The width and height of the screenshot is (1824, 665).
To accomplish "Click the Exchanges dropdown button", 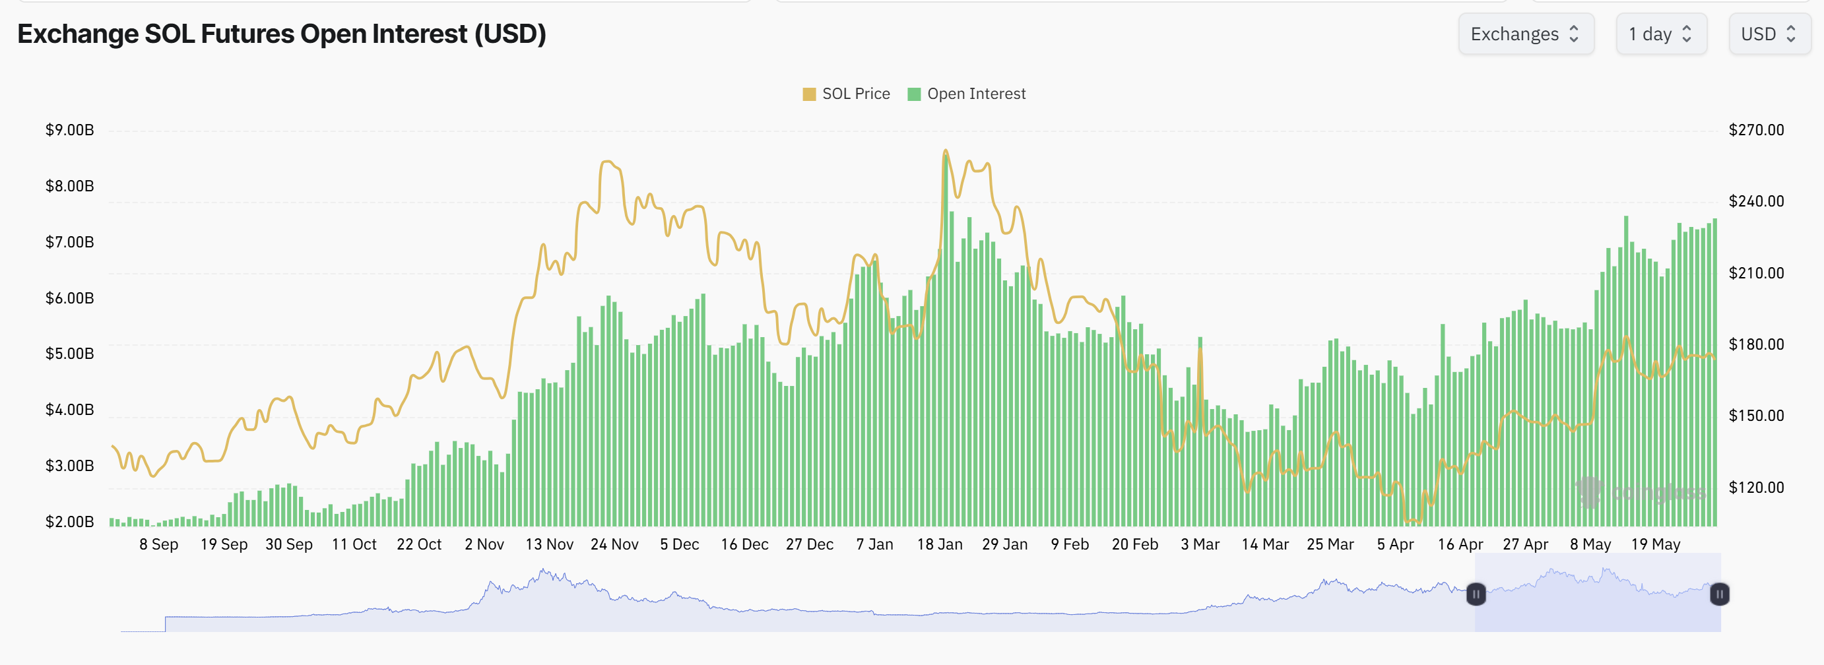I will [x=1525, y=34].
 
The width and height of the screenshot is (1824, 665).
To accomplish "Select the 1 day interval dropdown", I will [x=1660, y=34].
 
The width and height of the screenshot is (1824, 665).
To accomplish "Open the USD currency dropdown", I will [x=1769, y=34].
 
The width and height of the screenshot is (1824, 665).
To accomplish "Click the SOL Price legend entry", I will [x=846, y=94].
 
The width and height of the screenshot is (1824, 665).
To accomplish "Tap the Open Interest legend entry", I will [x=967, y=94].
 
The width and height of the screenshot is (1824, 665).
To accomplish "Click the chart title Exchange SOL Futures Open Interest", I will [x=281, y=34].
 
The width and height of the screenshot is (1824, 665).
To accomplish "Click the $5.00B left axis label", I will [x=69, y=354].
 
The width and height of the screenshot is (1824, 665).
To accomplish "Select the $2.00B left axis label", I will [x=69, y=522].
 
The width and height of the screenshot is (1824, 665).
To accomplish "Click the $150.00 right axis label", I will [x=1755, y=416].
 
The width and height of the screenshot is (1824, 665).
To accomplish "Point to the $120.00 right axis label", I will [x=1755, y=488].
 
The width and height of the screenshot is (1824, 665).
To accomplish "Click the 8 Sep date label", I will [x=158, y=545].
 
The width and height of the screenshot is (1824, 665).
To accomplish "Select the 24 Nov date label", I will [x=614, y=545].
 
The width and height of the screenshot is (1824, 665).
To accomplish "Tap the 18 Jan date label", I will [x=939, y=545].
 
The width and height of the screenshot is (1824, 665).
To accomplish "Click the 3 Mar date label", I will [x=1200, y=545].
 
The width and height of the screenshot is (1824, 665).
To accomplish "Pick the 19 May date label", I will [x=1655, y=545].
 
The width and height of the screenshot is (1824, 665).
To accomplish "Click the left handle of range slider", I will [x=1476, y=594].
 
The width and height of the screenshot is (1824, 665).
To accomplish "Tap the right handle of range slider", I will [x=1719, y=594].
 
